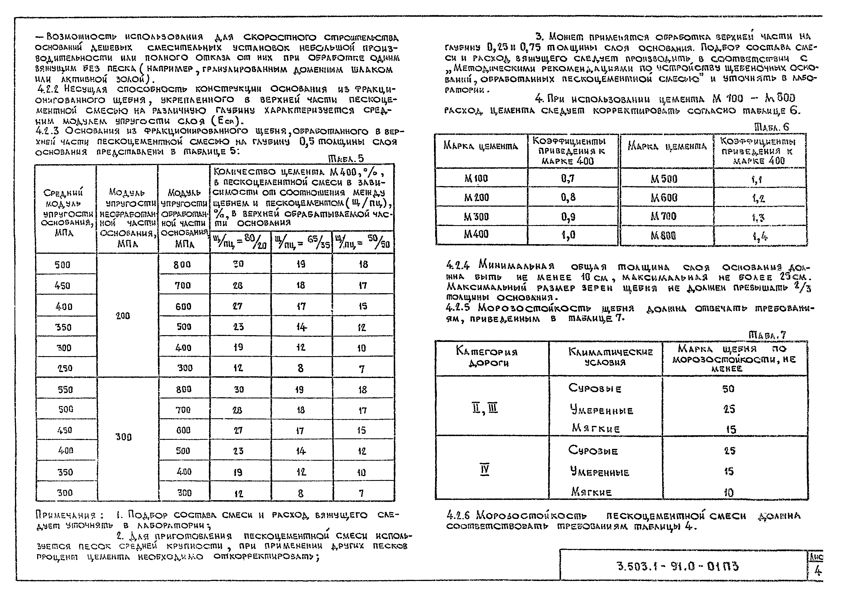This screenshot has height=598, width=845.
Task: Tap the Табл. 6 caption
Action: [771, 127]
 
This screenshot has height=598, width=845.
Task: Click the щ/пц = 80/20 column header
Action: [240, 242]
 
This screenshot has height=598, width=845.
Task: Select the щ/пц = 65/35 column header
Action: [302, 242]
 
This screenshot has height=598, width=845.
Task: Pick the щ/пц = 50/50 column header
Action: [363, 242]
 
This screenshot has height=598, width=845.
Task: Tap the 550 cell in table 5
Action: [65, 390]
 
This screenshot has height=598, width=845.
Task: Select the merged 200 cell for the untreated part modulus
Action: [123, 316]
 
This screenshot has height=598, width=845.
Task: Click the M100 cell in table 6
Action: [476, 179]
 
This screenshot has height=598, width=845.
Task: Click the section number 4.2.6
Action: [458, 515]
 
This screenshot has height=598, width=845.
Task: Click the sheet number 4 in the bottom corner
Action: [818, 571]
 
